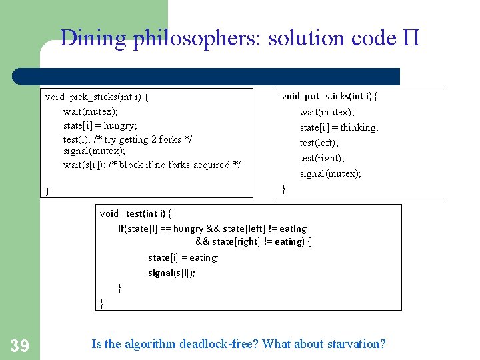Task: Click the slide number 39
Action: coord(19,345)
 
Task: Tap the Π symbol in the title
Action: coord(411,38)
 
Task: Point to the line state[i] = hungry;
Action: coord(100,125)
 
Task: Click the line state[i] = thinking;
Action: coord(339,127)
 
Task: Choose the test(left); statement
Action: coord(319,143)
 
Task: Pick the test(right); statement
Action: coord(322,158)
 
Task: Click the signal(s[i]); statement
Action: coord(171,273)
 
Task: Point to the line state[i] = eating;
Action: coord(183,257)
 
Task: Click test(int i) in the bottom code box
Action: coord(148,213)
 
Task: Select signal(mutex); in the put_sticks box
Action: coord(330,173)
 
